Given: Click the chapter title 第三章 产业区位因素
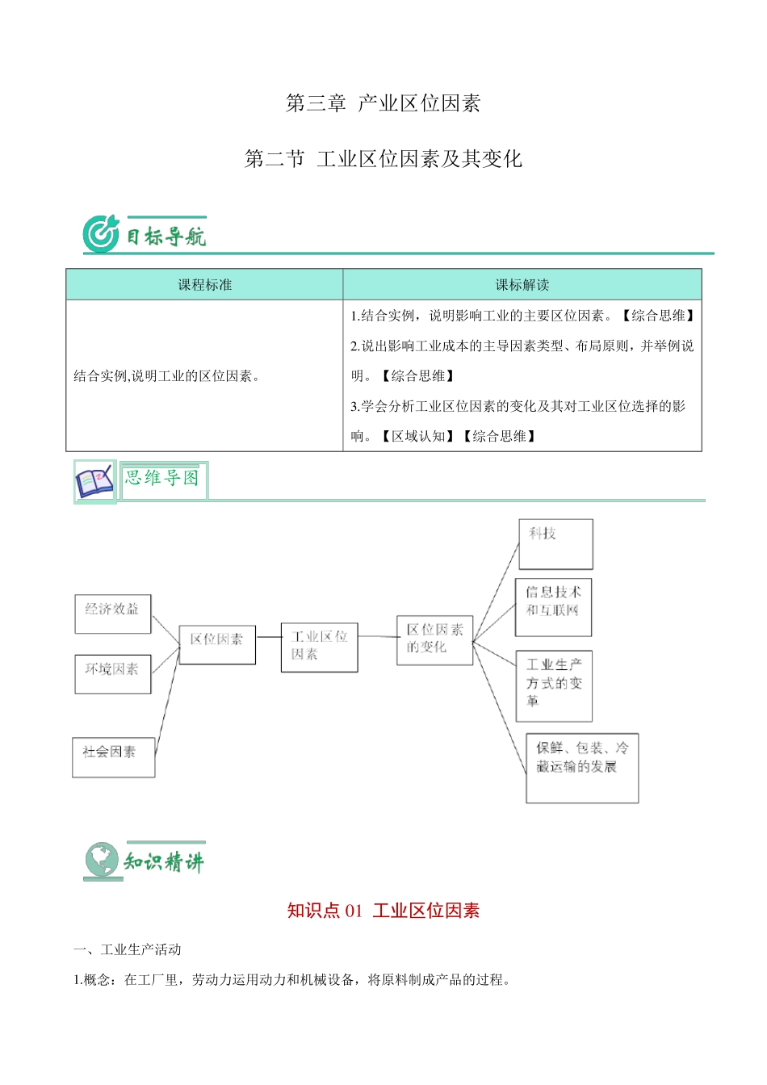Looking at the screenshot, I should pyautogui.click(x=383, y=103).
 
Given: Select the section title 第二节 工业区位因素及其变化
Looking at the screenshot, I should pyautogui.click(x=383, y=159).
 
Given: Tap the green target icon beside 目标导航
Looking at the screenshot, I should pyautogui.click(x=101, y=234).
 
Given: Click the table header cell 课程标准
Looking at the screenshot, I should pyautogui.click(x=205, y=285).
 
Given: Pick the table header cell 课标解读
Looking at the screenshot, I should pyautogui.click(x=522, y=285).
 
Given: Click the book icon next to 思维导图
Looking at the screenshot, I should pyautogui.click(x=94, y=482).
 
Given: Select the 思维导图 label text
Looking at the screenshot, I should pyautogui.click(x=162, y=478).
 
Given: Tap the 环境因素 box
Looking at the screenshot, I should pyautogui.click(x=113, y=674).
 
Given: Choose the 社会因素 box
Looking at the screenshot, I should pyautogui.click(x=113, y=757).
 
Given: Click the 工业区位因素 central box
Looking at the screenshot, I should pyautogui.click(x=319, y=647).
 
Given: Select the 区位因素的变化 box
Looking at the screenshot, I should pyautogui.click(x=434, y=640).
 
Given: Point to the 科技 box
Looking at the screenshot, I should pyautogui.click(x=555, y=543).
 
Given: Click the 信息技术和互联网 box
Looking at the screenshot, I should pyautogui.click(x=554, y=606).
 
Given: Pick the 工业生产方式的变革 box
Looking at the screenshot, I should pyautogui.click(x=554, y=685).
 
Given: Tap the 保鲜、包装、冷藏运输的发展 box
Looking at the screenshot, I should pyautogui.click(x=582, y=768).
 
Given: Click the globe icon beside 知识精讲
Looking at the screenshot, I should pyautogui.click(x=102, y=861).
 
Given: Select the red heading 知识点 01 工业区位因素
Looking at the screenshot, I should pyautogui.click(x=383, y=911).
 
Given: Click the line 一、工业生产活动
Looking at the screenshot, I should pyautogui.click(x=128, y=949).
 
